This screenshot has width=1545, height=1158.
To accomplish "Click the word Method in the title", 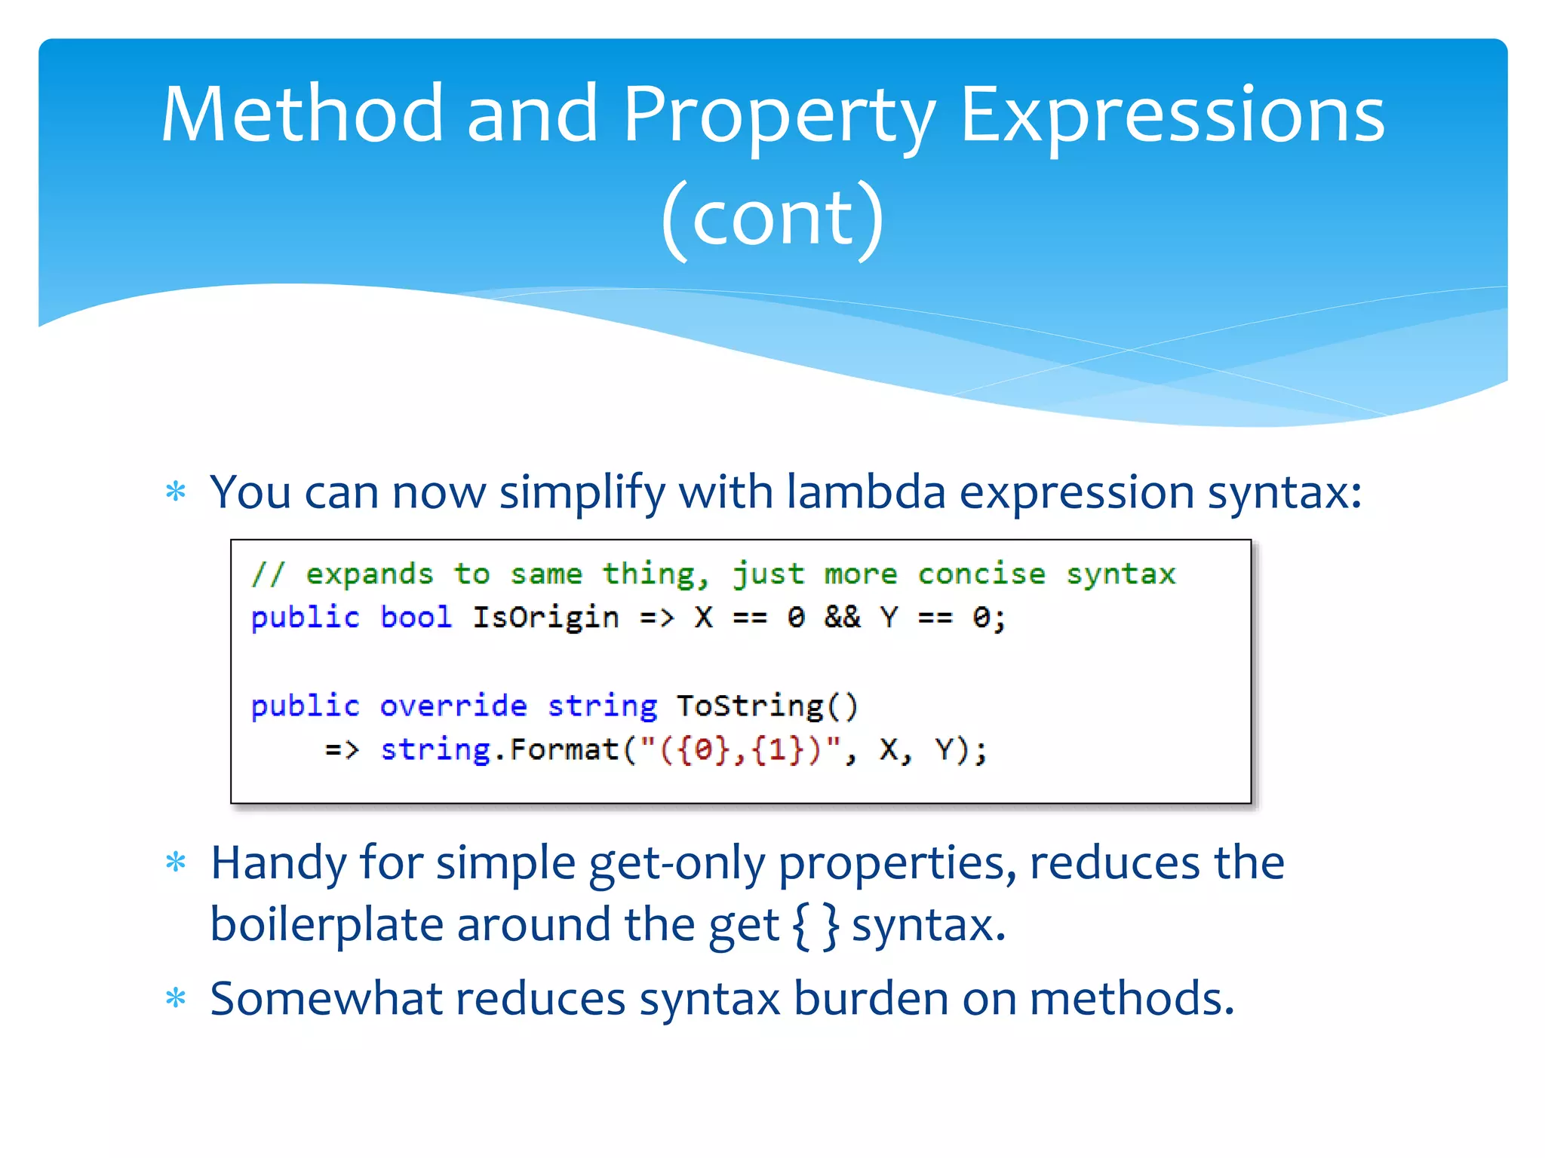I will click(302, 115).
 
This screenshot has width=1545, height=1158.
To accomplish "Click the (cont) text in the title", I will click(772, 219).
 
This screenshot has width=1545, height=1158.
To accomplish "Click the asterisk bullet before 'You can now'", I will click(176, 492).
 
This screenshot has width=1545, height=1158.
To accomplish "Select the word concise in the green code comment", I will click(981, 574).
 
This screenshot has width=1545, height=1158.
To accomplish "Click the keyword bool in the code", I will click(416, 617).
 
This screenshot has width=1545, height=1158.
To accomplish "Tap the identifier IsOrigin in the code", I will click(545, 617).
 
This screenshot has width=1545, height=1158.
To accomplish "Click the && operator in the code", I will click(842, 617).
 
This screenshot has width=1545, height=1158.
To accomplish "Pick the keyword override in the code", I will click(453, 706).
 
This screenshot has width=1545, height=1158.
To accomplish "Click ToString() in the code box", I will click(767, 706).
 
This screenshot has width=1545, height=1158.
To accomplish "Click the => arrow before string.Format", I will click(342, 750).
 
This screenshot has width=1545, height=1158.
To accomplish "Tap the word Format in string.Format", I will click(564, 750).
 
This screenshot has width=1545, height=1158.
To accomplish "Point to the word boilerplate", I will click(326, 925).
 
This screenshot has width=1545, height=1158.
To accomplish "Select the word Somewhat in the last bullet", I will click(325, 999).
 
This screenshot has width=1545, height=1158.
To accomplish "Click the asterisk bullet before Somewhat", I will click(176, 999).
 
